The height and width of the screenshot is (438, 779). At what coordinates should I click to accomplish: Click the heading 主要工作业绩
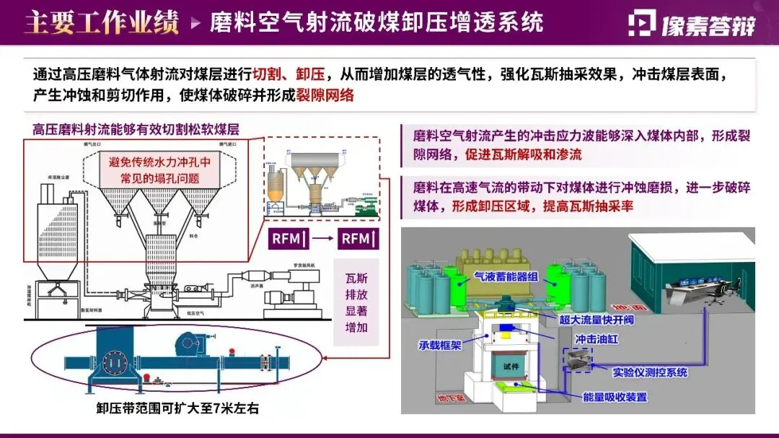coord(102,22)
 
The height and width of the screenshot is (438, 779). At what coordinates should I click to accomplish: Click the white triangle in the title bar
coord(195,23)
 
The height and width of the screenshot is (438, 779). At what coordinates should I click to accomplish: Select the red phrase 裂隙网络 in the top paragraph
coord(325,95)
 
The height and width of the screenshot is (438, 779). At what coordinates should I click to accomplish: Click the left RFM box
coord(289,239)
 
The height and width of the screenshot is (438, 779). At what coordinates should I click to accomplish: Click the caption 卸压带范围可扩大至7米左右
coord(177,408)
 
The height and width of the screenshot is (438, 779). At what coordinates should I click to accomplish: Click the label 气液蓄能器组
coord(506,275)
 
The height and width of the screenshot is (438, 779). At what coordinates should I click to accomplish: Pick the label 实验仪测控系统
coord(650,372)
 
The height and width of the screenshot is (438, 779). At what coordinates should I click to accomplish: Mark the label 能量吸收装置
coord(615,397)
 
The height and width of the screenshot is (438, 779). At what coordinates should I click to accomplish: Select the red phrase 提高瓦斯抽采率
coord(587,206)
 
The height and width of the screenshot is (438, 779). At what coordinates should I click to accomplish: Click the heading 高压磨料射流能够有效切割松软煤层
coord(136,129)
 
